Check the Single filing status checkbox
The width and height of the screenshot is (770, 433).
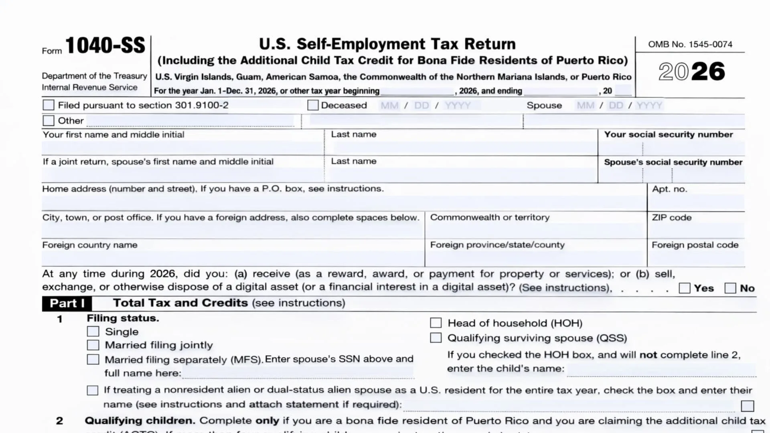point(93,331)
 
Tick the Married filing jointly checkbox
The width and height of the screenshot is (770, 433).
point(93,345)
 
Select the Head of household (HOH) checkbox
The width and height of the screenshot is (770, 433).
point(436,323)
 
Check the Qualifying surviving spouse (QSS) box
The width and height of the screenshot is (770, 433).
point(436,338)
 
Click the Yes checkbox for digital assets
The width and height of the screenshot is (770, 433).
point(685,288)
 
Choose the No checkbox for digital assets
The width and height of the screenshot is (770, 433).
point(730,288)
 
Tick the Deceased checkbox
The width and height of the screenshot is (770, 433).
point(313,105)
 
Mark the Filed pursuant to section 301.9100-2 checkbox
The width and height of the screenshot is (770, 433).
point(49,105)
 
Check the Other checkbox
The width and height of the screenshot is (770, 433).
point(49,120)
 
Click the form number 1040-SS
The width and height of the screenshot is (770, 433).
point(105,45)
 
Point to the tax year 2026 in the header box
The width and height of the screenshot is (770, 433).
point(691,72)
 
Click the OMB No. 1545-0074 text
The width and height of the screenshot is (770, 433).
point(690,44)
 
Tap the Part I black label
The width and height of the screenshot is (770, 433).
point(67,303)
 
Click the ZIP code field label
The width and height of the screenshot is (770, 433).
point(672,217)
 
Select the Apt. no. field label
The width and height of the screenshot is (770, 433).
point(670,189)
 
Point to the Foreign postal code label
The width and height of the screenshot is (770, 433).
point(695,245)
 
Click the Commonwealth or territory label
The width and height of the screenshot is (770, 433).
point(490,217)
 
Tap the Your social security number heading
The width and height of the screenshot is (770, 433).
point(669,134)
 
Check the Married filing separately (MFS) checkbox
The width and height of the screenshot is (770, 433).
point(93,359)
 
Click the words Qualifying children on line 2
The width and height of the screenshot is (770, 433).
point(140,421)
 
